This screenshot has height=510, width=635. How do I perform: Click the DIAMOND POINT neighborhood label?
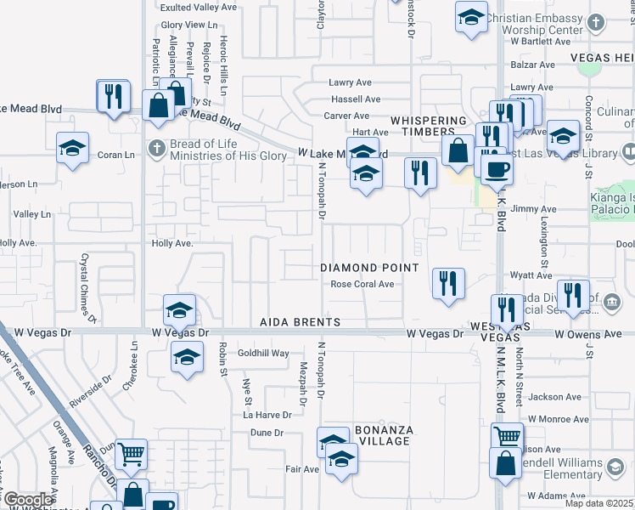(x=369, y=268)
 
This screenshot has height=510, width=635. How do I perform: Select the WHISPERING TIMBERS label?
(x=428, y=127)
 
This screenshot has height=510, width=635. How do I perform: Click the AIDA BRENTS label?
(x=301, y=323)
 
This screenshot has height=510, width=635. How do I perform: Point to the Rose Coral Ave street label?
(x=362, y=285)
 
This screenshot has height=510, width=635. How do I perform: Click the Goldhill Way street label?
(x=263, y=354)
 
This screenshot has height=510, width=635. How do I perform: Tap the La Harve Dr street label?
(x=267, y=415)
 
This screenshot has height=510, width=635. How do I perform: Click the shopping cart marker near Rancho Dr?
(x=131, y=454)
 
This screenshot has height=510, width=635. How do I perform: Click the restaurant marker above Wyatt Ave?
(x=448, y=283)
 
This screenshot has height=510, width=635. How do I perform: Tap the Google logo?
(x=27, y=500)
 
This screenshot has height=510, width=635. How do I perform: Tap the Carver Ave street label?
(x=350, y=116)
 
